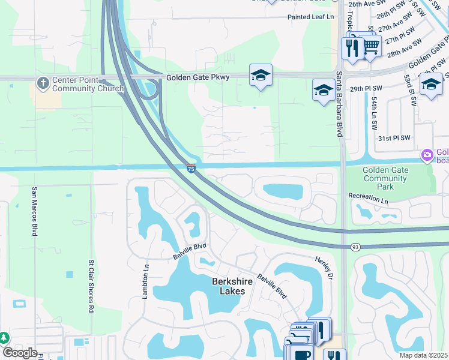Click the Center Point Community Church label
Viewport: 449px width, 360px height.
[88, 84]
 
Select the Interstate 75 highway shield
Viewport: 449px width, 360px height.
[191, 169]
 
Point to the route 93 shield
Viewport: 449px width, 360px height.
[356, 247]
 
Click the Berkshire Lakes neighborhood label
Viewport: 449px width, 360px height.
[229, 286]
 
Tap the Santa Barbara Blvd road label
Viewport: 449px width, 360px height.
[339, 103]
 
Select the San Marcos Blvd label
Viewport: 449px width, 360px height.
[34, 210]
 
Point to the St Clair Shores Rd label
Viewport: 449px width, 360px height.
[92, 286]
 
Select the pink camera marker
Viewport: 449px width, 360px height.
[427, 155]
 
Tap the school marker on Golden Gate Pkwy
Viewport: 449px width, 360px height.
[261, 75]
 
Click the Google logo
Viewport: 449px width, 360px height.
[20, 352]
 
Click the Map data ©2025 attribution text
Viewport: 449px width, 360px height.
[420, 355]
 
